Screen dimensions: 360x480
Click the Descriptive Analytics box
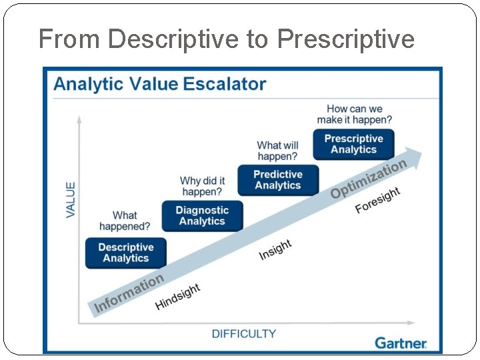point(125,253)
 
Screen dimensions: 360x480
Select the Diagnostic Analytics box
point(202,216)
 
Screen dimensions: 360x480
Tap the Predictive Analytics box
point(278,180)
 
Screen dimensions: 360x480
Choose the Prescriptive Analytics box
point(354,144)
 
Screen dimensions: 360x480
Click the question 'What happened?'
point(125,221)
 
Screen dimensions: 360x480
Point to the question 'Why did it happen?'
point(202,186)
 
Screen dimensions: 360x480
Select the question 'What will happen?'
point(277,151)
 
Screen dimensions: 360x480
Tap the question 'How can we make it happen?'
point(354,114)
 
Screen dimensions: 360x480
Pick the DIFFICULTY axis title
point(244,333)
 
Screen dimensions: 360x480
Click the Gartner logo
point(400,343)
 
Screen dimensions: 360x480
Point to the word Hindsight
point(177,297)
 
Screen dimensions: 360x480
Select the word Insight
point(275,250)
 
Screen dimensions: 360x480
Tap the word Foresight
point(377,200)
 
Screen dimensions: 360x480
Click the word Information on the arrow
point(129,293)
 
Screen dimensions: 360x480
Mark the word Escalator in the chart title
point(225,84)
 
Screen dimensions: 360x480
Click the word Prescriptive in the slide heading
point(346,39)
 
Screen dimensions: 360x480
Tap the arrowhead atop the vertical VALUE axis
point(79,119)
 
